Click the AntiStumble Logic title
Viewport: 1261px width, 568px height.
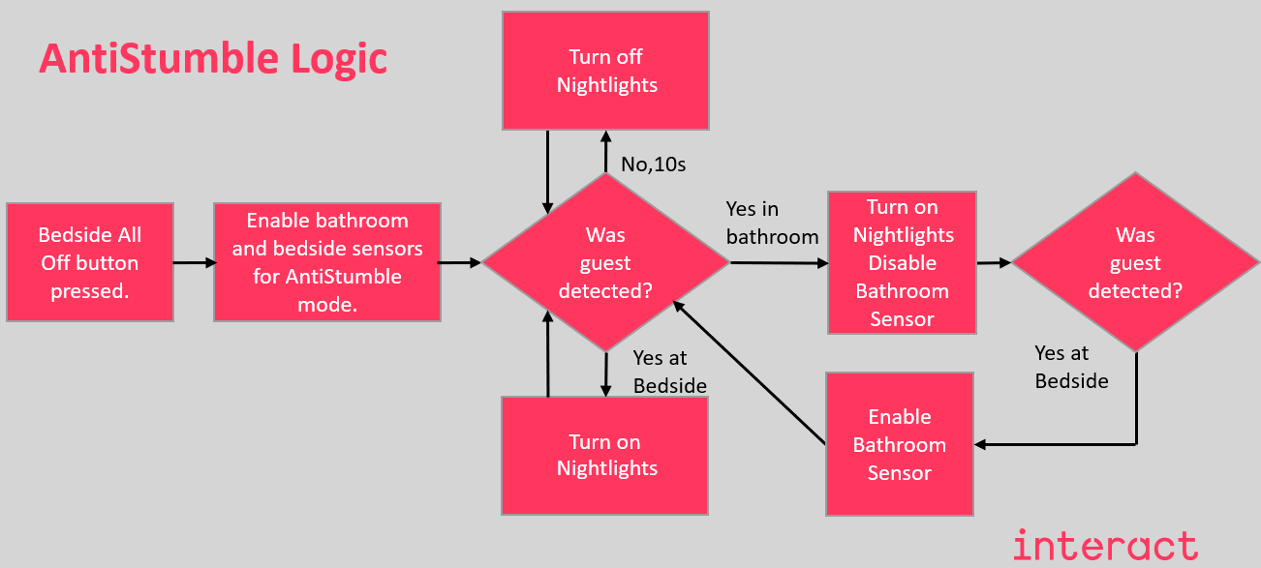[213, 59]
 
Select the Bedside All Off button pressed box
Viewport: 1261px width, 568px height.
[90, 262]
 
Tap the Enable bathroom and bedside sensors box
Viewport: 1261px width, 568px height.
[326, 262]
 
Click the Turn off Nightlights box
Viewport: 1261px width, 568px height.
[605, 71]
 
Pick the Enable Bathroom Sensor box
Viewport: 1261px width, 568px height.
[899, 444]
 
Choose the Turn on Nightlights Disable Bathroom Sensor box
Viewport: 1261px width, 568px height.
[902, 262]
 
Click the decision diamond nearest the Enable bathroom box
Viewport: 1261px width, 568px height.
[606, 262]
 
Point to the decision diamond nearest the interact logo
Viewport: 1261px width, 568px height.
[1135, 262]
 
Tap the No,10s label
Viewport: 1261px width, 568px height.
[653, 164]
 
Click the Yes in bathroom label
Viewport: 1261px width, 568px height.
[772, 223]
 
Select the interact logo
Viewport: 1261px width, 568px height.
[1105, 546]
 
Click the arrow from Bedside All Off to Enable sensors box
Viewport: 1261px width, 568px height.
[194, 262]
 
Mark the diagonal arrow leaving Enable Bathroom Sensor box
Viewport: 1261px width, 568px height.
[749, 374]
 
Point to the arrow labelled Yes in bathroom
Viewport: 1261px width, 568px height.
[778, 262]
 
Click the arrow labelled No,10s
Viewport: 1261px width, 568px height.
[605, 152]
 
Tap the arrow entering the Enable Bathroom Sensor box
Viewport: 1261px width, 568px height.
[1056, 444]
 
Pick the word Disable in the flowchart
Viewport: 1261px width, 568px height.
[902, 263]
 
